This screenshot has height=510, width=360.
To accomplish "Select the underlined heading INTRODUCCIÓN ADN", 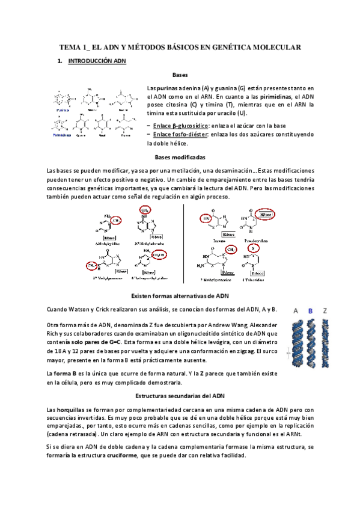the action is (x=97, y=61).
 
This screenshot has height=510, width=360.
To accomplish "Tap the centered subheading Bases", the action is (x=180, y=76).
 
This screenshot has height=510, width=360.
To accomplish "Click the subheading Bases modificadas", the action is (x=180, y=158).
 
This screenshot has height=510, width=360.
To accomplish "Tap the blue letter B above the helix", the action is (x=311, y=310).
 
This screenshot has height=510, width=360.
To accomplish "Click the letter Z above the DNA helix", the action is (x=325, y=310).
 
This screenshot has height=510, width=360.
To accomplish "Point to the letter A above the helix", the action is (x=296, y=310).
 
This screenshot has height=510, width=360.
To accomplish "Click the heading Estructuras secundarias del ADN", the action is (x=180, y=397).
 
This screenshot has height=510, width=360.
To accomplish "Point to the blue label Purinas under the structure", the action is (x=61, y=111).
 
